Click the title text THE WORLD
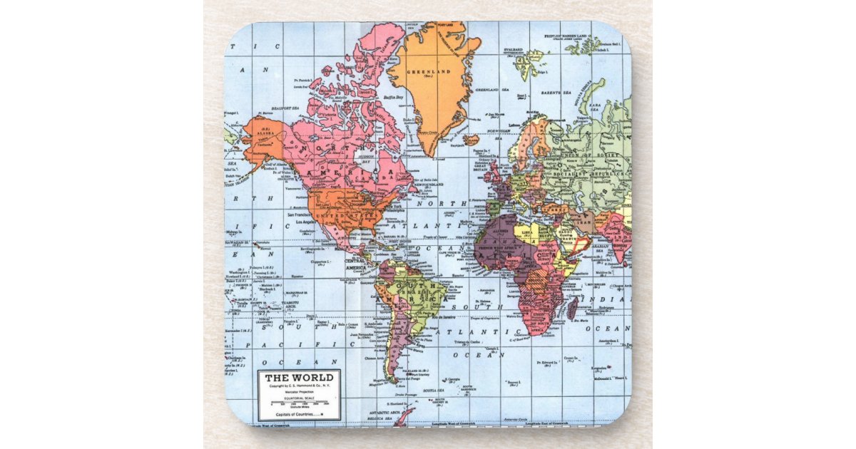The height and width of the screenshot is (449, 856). coord(299,377)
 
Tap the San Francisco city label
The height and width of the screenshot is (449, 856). coord(302,215)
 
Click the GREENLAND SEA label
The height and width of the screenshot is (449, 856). coord(487,90)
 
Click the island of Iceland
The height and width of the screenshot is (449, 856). coord(471,140)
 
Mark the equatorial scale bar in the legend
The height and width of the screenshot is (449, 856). coord(299,405)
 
